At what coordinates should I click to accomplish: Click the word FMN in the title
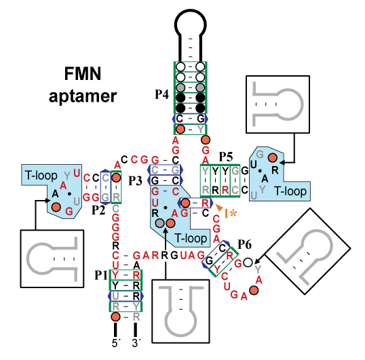click(x=83, y=74)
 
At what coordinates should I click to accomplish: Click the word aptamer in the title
click(x=83, y=96)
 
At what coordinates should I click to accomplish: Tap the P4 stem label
click(x=161, y=94)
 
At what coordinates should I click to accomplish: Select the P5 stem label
click(x=226, y=157)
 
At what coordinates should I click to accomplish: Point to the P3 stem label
click(x=135, y=181)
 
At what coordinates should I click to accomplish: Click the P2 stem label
click(x=98, y=210)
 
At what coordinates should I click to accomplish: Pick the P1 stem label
click(x=101, y=275)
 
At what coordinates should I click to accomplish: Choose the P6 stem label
click(x=245, y=245)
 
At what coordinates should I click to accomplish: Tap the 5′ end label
click(x=116, y=343)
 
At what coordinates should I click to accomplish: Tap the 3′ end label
click(x=136, y=343)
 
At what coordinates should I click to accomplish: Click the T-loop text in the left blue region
click(x=41, y=175)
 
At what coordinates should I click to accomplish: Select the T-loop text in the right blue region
click(x=290, y=191)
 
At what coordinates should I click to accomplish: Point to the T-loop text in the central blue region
click(x=191, y=239)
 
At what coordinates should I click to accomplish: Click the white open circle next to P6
click(x=248, y=262)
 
